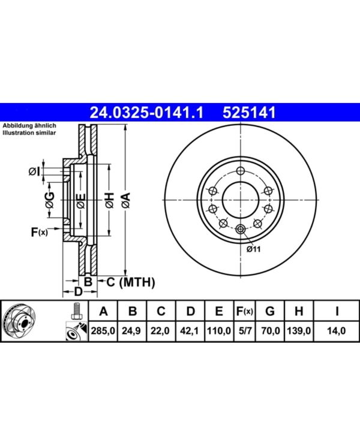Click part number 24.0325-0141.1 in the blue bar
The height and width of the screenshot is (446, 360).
146,112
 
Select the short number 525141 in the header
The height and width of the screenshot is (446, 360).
249,112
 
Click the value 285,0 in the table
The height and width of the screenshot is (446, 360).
103,331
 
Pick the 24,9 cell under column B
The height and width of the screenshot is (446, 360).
131,331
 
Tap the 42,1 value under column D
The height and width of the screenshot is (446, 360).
189,331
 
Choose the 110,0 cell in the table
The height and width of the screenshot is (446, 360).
218,331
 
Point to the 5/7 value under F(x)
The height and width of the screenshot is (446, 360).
244,331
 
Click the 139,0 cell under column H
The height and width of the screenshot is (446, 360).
299,331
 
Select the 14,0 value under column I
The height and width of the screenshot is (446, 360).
337,331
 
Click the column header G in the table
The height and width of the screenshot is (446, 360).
270,311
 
